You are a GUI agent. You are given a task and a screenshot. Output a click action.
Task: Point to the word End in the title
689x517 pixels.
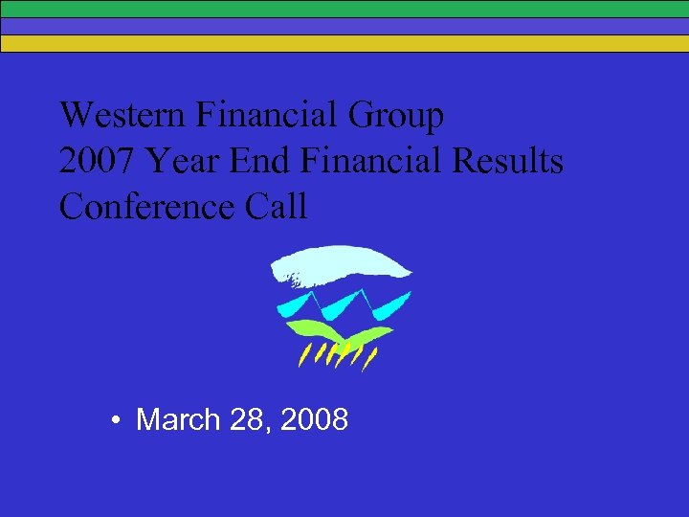click(x=259, y=162)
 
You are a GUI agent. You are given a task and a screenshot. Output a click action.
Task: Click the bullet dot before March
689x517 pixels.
click(x=114, y=420)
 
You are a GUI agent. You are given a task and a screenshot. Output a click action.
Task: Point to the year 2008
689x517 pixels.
click(x=315, y=419)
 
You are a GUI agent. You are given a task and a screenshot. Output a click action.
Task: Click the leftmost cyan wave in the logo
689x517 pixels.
click(x=292, y=305)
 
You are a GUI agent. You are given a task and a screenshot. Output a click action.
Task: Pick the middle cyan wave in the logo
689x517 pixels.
click(x=340, y=305)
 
